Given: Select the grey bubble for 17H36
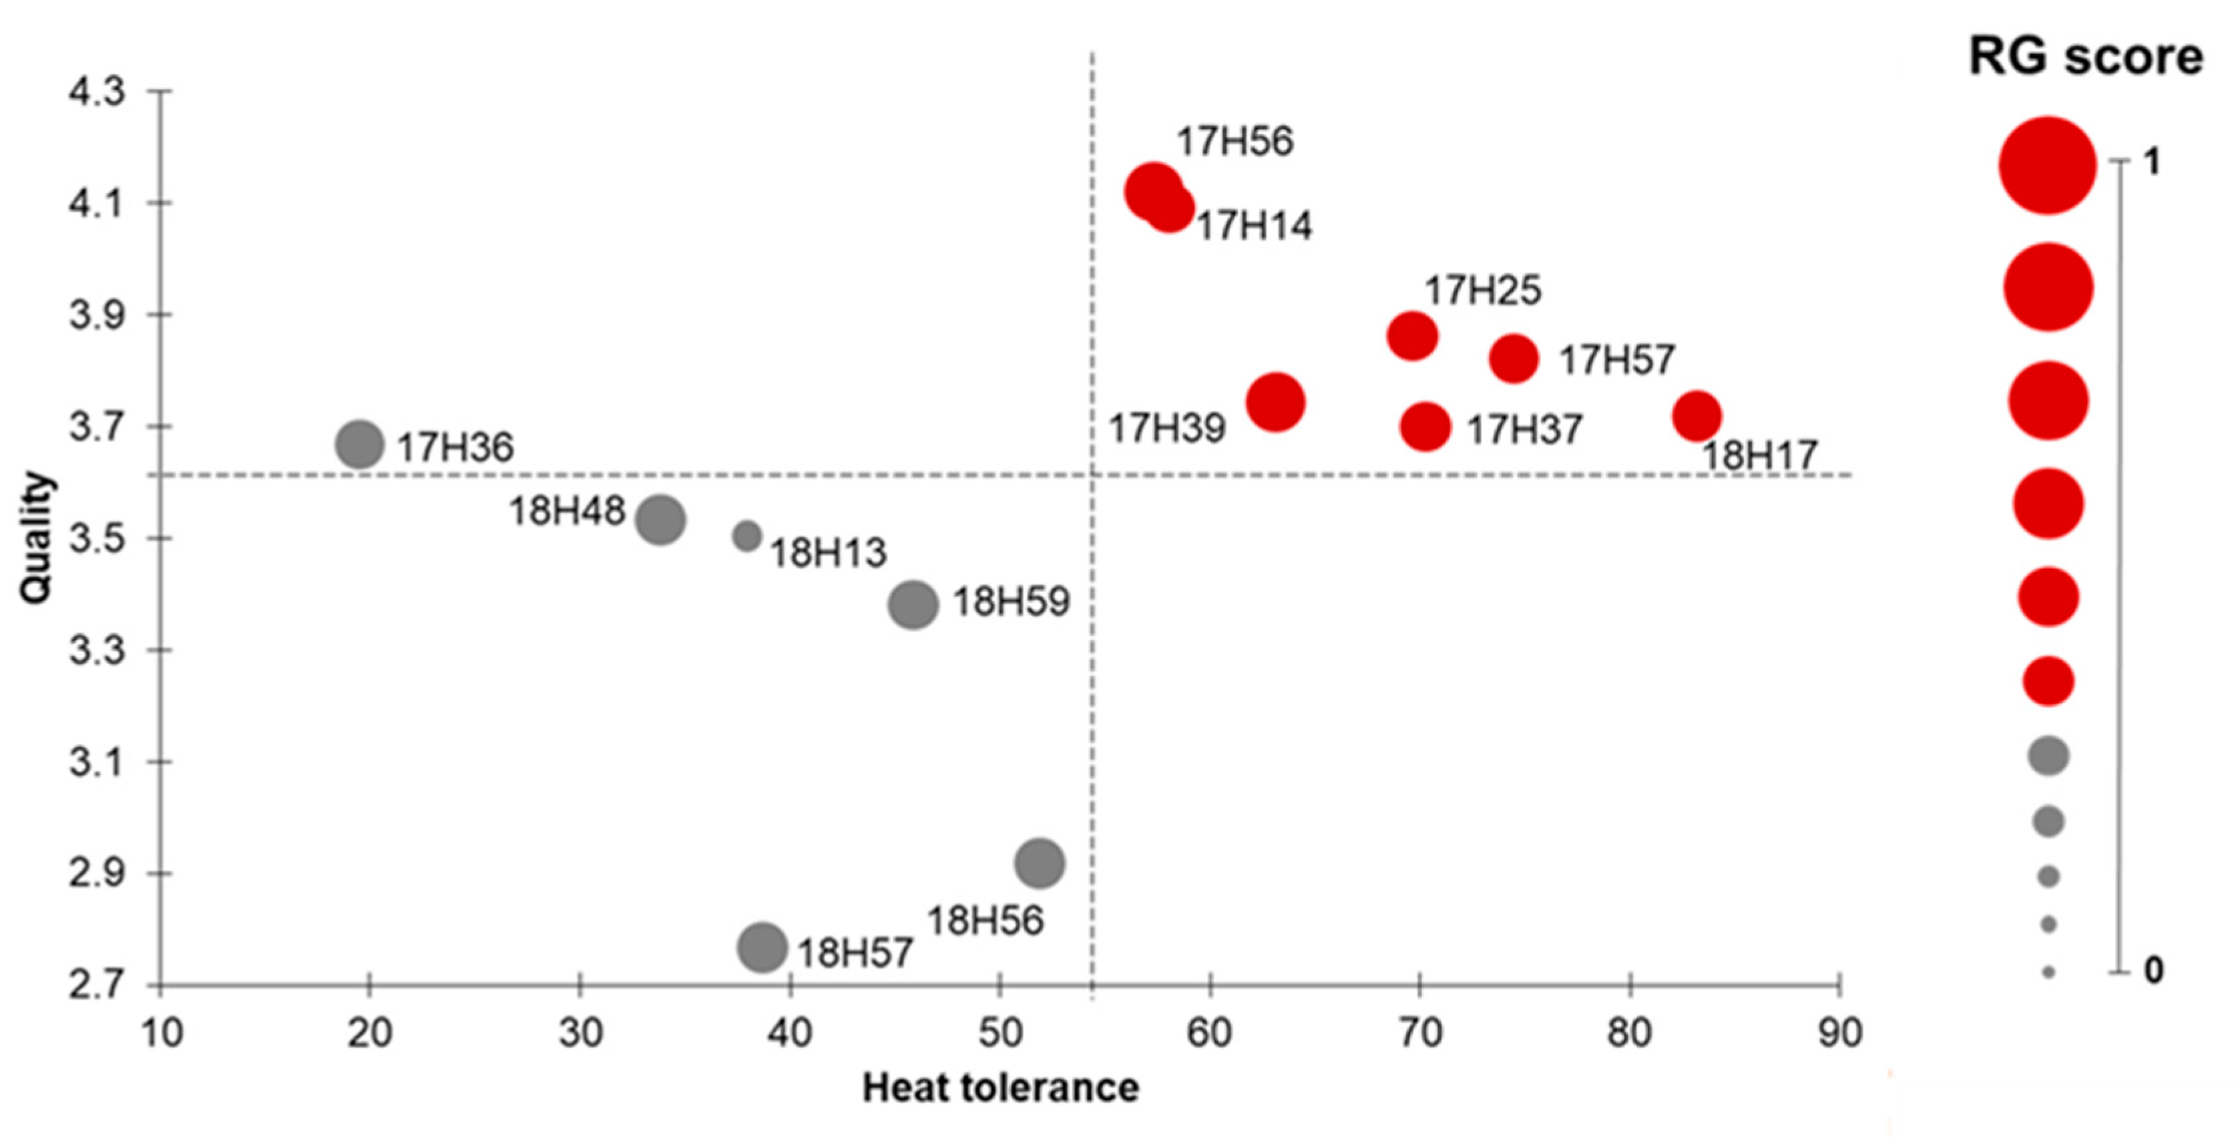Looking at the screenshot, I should coord(359,444).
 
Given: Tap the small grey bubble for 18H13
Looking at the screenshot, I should coord(746,536).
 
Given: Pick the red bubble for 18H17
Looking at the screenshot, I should coord(1697,416).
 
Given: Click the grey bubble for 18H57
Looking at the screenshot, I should coord(762,947).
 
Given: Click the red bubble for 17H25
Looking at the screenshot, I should coord(1412,335).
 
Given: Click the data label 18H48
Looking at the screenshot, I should coord(566,511).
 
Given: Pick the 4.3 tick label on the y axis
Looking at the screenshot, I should coord(97,92).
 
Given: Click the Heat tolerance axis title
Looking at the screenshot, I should coord(1000,1088).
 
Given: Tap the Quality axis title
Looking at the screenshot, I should coord(37,537).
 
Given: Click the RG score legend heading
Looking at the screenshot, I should coord(2085,57).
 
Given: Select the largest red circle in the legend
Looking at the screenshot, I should coord(2047,165).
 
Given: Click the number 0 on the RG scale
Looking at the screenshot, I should coord(2153,970).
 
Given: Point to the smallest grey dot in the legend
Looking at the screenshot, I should coord(2048,972).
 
